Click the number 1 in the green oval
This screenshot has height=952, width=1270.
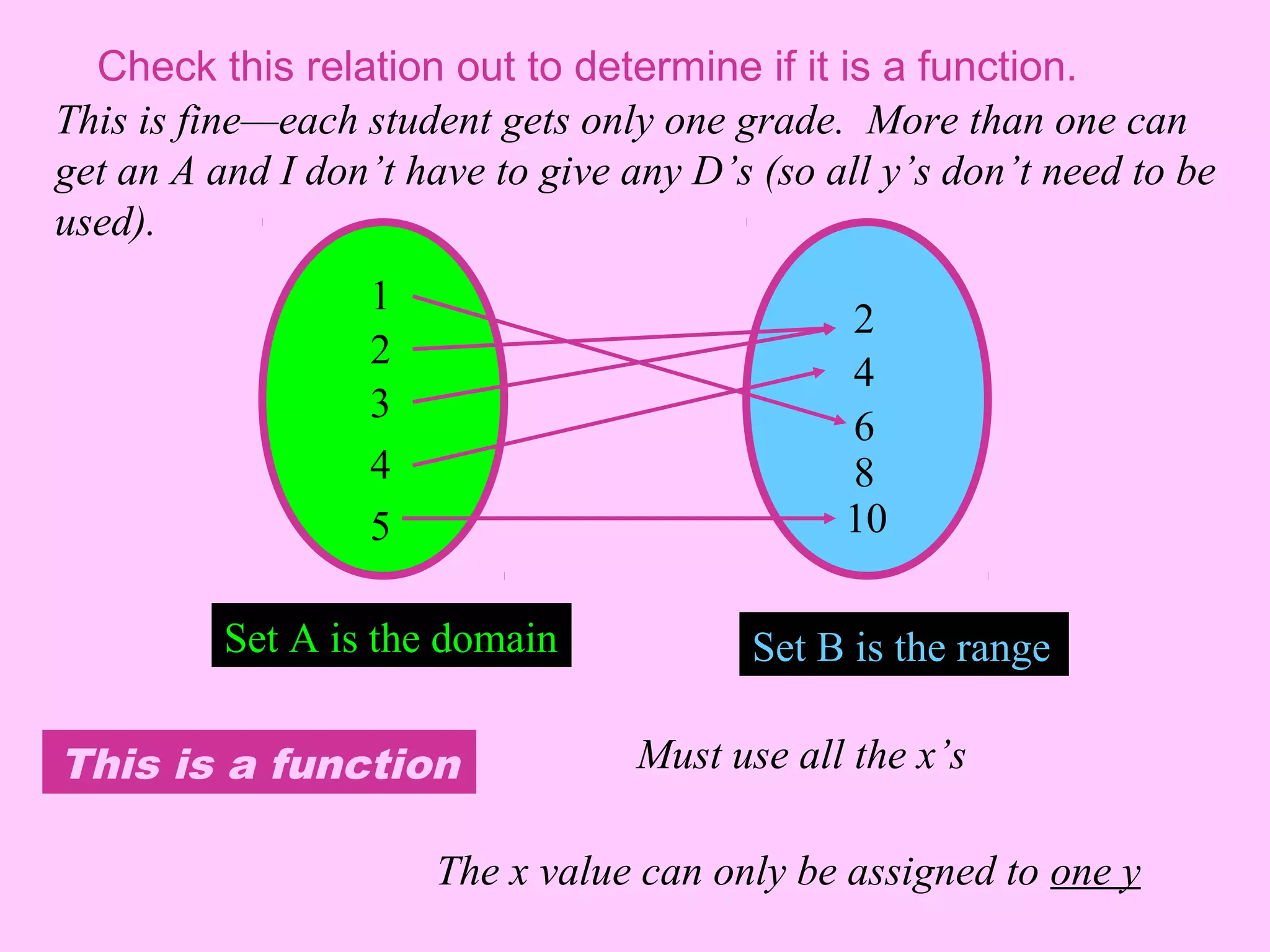tap(380, 296)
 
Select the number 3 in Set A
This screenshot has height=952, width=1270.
tap(380, 403)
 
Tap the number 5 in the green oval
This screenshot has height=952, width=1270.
tap(380, 526)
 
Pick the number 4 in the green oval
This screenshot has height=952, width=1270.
tap(380, 464)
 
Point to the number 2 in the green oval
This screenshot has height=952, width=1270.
tap(380, 350)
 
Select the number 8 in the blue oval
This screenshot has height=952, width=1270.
tap(864, 473)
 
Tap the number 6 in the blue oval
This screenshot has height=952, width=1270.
tap(864, 426)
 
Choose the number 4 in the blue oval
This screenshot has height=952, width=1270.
tap(864, 372)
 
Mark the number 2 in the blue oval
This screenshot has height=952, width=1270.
tap(864, 320)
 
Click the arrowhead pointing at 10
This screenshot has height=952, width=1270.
tap(830, 518)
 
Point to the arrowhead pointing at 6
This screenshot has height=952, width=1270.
tap(840, 421)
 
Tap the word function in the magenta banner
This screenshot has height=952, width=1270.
tap(366, 764)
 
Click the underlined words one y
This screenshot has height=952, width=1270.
tap(1095, 873)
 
